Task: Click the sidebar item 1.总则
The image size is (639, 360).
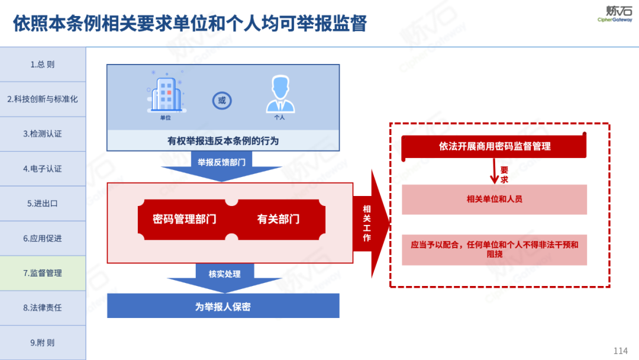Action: click(43, 65)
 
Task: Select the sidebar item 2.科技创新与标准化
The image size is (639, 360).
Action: click(43, 99)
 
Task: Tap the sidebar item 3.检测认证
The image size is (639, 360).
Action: click(43, 134)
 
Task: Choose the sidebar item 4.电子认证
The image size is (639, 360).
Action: click(43, 169)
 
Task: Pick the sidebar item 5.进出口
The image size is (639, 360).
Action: click(43, 203)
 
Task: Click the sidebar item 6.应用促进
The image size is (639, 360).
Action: click(43, 238)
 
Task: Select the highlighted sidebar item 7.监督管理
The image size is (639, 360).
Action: click(43, 273)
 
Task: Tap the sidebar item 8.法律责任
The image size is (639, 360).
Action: click(43, 307)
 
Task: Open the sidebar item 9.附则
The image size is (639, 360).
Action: click(43, 342)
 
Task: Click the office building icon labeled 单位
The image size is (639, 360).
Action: click(166, 95)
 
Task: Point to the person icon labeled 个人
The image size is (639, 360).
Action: click(280, 95)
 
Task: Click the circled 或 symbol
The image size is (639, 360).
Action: click(222, 101)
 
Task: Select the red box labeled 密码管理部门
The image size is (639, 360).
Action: click(185, 219)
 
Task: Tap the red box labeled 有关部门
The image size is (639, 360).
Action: click(278, 219)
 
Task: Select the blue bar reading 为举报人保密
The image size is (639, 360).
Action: click(223, 307)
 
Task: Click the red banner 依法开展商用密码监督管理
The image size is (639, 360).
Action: click(494, 146)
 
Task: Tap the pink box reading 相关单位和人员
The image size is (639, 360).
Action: click(494, 200)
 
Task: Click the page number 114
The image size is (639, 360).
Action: click(621, 351)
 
